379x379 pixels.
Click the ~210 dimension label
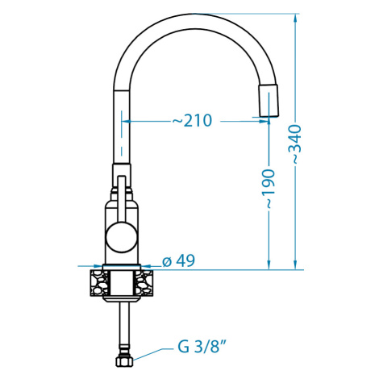coord(192,120)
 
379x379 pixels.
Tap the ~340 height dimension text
coord(296,144)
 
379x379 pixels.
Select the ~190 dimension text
coord(269,189)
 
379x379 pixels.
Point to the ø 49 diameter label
coord(178,260)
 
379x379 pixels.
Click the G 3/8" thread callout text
coord(201,347)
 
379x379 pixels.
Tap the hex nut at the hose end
coord(124,361)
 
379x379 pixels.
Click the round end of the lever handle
coord(122,238)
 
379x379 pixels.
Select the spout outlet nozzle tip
coord(269,101)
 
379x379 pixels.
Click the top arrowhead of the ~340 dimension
coord(295,19)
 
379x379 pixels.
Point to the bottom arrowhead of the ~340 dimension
coord(295,264)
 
